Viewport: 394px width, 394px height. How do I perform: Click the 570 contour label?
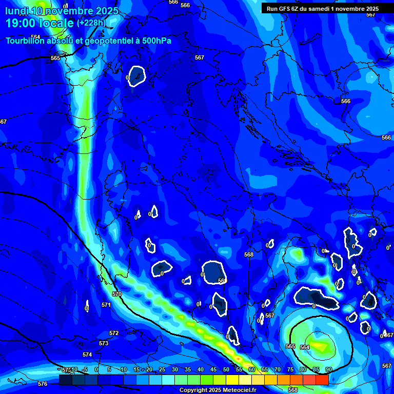click(x=117, y=294)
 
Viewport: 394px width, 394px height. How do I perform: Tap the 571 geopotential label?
click(x=106, y=305)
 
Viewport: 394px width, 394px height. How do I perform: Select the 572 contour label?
click(x=114, y=333)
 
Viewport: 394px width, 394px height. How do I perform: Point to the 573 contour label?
click(x=104, y=343)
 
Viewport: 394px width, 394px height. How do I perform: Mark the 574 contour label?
click(x=87, y=354)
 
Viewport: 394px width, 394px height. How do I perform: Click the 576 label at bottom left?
click(x=43, y=384)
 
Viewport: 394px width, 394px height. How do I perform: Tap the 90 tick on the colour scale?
click(x=328, y=369)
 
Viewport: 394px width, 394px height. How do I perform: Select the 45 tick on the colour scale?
click(x=213, y=369)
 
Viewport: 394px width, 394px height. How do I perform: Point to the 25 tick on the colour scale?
click(x=162, y=369)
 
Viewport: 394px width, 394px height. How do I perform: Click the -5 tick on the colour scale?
click(x=84, y=369)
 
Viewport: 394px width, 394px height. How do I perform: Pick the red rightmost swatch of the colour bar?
click(x=322, y=380)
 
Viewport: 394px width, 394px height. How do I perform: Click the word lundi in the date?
click(x=17, y=11)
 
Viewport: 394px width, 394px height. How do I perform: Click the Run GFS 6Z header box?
click(x=322, y=9)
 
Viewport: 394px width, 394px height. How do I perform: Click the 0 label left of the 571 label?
click(x=86, y=308)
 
